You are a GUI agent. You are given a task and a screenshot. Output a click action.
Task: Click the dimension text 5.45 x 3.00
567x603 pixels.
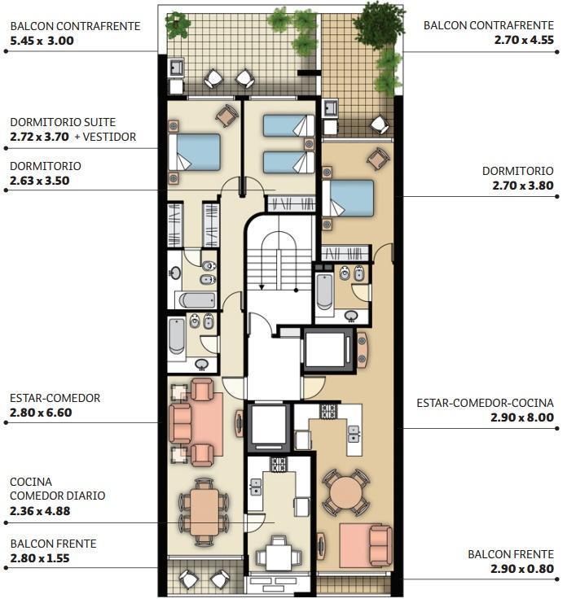tap(42, 41)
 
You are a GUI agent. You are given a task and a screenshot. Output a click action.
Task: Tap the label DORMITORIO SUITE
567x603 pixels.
tap(63, 122)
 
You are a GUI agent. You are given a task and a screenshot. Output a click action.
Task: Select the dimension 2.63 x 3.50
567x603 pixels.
tap(40, 181)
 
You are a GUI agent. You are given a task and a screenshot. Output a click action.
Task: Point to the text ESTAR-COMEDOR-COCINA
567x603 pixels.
tap(485, 403)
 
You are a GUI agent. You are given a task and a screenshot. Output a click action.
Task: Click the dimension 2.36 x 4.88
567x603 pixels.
tap(40, 511)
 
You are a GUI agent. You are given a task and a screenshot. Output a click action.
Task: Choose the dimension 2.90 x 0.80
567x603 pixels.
tap(522, 569)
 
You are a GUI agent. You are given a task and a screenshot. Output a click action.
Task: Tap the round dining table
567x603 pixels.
tap(346, 492)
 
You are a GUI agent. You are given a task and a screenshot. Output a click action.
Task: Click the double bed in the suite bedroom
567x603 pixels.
tap(195, 151)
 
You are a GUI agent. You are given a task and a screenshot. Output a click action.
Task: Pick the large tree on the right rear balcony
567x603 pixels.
tap(379, 23)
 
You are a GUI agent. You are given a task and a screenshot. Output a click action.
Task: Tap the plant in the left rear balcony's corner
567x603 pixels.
tap(178, 24)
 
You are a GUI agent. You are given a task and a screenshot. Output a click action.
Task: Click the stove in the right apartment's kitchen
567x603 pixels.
tap(329, 411)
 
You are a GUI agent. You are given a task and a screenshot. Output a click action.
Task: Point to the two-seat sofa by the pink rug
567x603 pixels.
tap(380, 546)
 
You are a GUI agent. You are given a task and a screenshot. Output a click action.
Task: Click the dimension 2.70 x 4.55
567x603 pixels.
tap(524, 40)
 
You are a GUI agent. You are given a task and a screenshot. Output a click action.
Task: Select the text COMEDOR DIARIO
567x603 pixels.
tap(57, 496)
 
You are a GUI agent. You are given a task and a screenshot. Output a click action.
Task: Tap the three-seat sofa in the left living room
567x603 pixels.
tap(180, 423)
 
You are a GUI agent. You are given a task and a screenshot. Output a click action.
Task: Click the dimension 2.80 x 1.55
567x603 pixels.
tap(40, 558)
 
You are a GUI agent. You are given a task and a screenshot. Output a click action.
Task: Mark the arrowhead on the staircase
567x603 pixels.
tap(262, 287)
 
